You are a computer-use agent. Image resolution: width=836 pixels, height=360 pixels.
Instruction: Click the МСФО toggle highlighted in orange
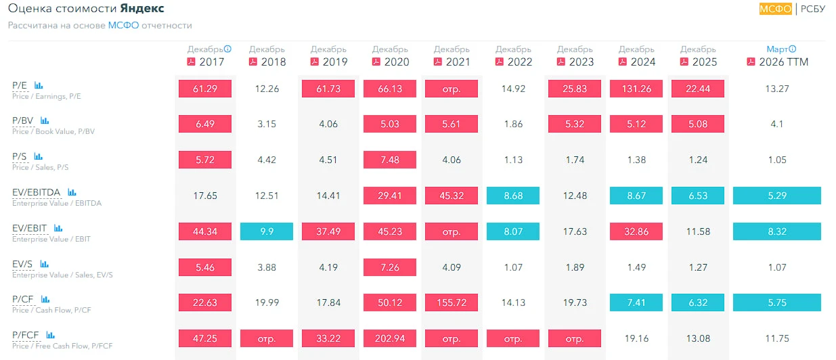click(x=775, y=9)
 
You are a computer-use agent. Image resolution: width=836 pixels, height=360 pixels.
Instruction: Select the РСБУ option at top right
click(x=812, y=9)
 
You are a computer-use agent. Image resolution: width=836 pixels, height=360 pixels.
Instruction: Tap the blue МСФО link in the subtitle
click(x=123, y=25)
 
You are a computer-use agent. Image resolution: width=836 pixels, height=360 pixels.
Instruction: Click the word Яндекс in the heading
click(x=142, y=8)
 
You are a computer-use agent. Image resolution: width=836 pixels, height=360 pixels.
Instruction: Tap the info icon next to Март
click(x=792, y=49)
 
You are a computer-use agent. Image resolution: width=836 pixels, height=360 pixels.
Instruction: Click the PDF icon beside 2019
click(x=315, y=62)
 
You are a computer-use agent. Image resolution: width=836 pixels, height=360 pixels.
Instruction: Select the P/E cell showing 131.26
click(x=636, y=89)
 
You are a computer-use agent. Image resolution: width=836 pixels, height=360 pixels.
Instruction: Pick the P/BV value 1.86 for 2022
click(x=513, y=124)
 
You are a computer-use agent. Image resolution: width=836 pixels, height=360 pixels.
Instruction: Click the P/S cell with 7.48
click(x=390, y=160)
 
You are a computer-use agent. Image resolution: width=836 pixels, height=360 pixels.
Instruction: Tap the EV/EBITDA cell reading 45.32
click(x=452, y=196)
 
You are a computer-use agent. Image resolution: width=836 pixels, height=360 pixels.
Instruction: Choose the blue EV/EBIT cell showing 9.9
click(x=267, y=231)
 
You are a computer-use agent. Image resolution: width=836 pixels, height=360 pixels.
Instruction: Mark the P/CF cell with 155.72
click(x=452, y=302)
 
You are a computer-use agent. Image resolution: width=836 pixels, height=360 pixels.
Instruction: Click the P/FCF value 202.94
click(x=390, y=338)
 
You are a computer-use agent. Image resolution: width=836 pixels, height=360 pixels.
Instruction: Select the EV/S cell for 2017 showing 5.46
click(x=205, y=267)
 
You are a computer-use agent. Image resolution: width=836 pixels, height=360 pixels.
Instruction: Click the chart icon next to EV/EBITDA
click(x=72, y=192)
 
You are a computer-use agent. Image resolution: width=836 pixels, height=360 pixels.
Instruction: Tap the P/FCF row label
click(x=25, y=335)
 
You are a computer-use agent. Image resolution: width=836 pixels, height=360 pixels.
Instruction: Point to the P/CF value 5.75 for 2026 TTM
click(x=777, y=302)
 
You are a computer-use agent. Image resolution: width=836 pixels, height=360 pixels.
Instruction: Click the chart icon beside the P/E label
click(x=39, y=85)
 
